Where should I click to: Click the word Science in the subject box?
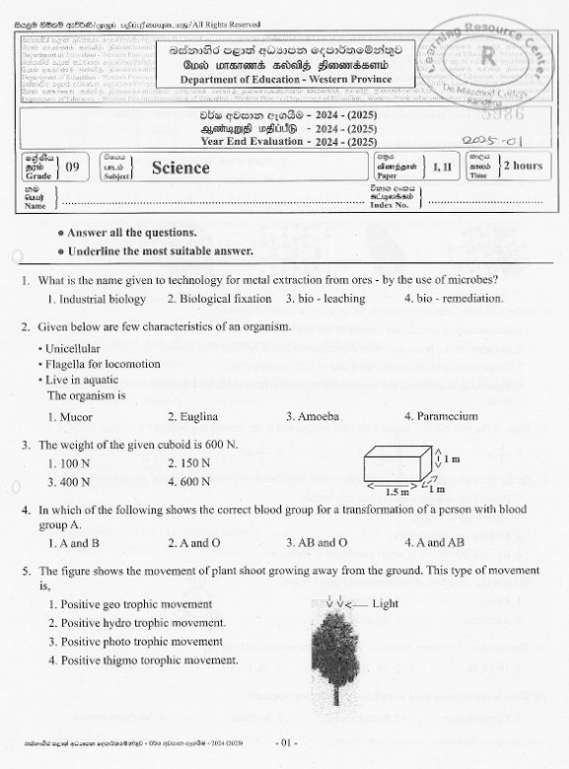[180, 168]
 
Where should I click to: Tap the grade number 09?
[72, 167]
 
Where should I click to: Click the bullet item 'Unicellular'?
[79, 348]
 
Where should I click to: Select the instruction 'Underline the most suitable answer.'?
[147, 251]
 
